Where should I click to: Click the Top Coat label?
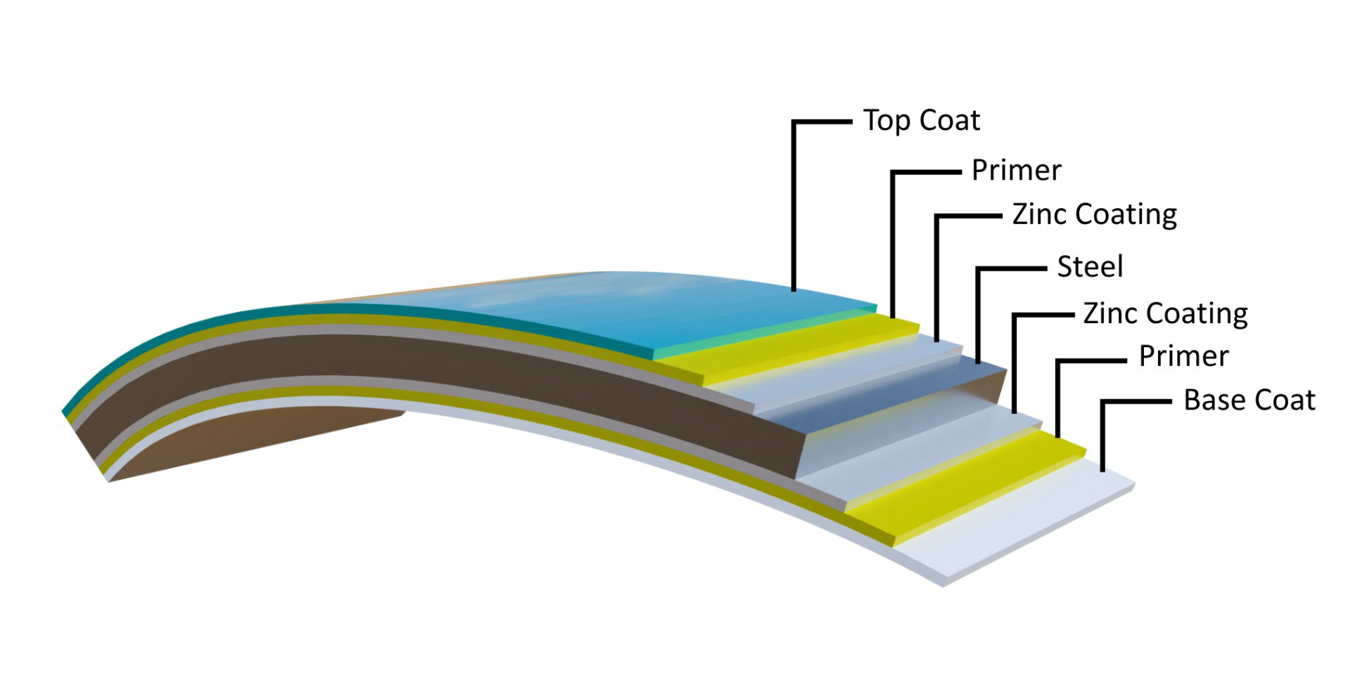coord(921,121)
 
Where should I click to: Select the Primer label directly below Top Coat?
coord(1016,171)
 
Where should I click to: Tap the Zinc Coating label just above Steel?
coord(1094,214)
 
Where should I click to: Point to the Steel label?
coord(1090,267)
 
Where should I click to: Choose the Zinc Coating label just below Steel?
coord(1165,313)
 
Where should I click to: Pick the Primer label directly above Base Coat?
coord(1183,356)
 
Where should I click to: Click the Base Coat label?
coord(1249,400)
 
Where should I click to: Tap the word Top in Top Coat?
coord(887,121)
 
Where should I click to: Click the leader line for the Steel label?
coord(978,316)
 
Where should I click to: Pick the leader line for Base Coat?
coord(1102,436)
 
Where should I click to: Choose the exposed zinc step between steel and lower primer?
coord(928,450)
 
